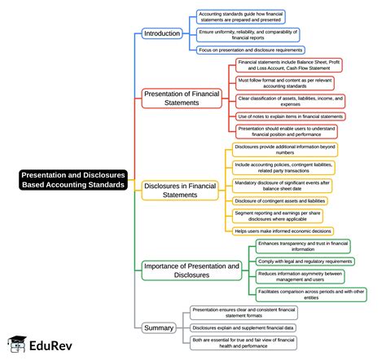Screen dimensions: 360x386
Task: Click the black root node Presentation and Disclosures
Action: [73, 179]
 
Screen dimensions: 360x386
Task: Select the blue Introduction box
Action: [161, 33]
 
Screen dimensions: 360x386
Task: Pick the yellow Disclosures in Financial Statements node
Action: [181, 190]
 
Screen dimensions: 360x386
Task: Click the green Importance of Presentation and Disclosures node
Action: [191, 270]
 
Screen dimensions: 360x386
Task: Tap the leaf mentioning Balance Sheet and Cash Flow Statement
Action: [290, 65]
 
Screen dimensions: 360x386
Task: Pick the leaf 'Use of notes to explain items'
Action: [290, 116]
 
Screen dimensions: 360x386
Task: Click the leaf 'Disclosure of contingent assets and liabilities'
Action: [279, 200]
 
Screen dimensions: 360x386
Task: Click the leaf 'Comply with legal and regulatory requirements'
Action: [305, 261]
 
